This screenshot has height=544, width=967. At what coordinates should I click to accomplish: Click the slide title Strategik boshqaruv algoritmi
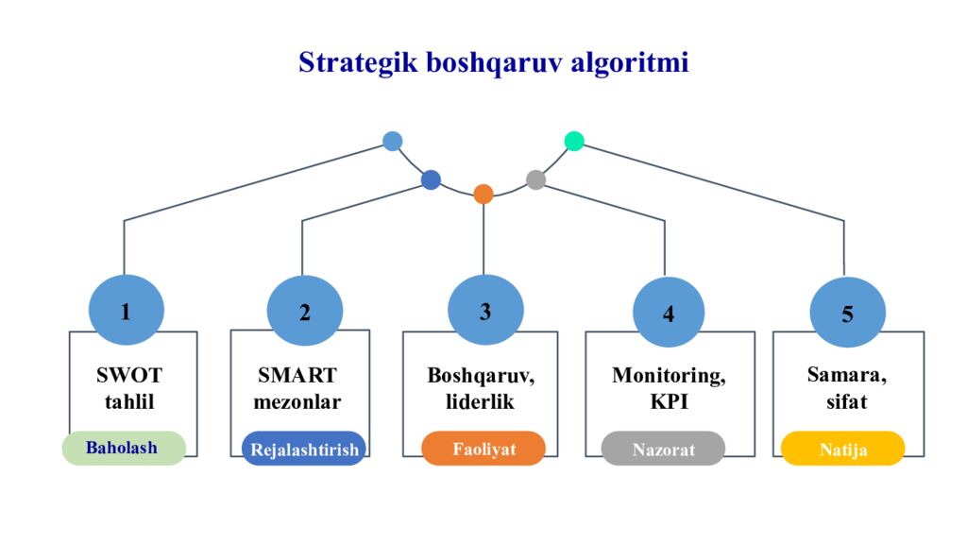493,63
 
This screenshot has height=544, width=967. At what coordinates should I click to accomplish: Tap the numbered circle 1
127,311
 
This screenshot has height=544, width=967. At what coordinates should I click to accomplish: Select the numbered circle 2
304,313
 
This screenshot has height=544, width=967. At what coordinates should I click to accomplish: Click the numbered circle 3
485,311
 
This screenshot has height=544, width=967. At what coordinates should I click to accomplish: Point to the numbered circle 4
669,313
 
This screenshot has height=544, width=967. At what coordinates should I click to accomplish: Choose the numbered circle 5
847,314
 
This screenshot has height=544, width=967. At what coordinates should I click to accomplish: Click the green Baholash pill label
123,448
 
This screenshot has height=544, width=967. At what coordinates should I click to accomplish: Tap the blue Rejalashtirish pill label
304,449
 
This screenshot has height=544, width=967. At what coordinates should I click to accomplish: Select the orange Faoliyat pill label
483,449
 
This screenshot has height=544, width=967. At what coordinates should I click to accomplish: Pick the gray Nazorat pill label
663,449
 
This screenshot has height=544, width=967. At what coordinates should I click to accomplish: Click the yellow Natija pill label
842,449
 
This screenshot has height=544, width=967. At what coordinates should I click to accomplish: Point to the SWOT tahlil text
129,388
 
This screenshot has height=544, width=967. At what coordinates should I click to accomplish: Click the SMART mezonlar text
298,388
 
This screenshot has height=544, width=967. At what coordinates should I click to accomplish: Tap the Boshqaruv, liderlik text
481,388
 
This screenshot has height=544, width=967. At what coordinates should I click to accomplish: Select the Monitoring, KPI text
669,388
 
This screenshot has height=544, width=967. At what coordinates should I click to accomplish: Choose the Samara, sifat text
846,388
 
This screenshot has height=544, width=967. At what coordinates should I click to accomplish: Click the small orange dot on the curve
483,194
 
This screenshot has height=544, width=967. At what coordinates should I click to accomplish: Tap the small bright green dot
574,141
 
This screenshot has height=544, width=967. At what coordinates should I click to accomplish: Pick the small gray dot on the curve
535,179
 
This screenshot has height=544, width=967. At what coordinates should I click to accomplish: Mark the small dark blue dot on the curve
431,179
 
